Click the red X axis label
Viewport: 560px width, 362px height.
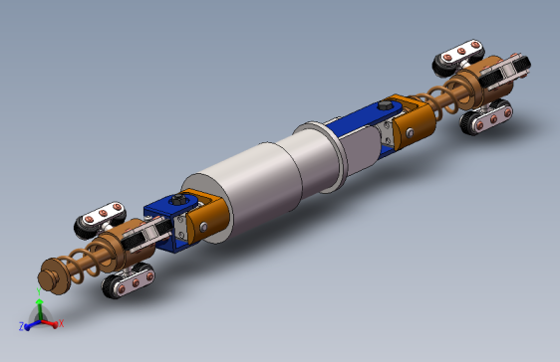61,323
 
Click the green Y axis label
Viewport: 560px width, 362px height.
38,303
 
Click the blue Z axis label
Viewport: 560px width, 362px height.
21,326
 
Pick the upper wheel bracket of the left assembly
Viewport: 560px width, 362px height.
100,218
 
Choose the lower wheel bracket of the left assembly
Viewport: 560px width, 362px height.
130,281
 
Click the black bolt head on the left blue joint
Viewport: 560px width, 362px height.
178,204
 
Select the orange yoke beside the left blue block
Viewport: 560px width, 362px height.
206,217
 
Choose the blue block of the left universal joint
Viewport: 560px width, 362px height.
164,217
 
